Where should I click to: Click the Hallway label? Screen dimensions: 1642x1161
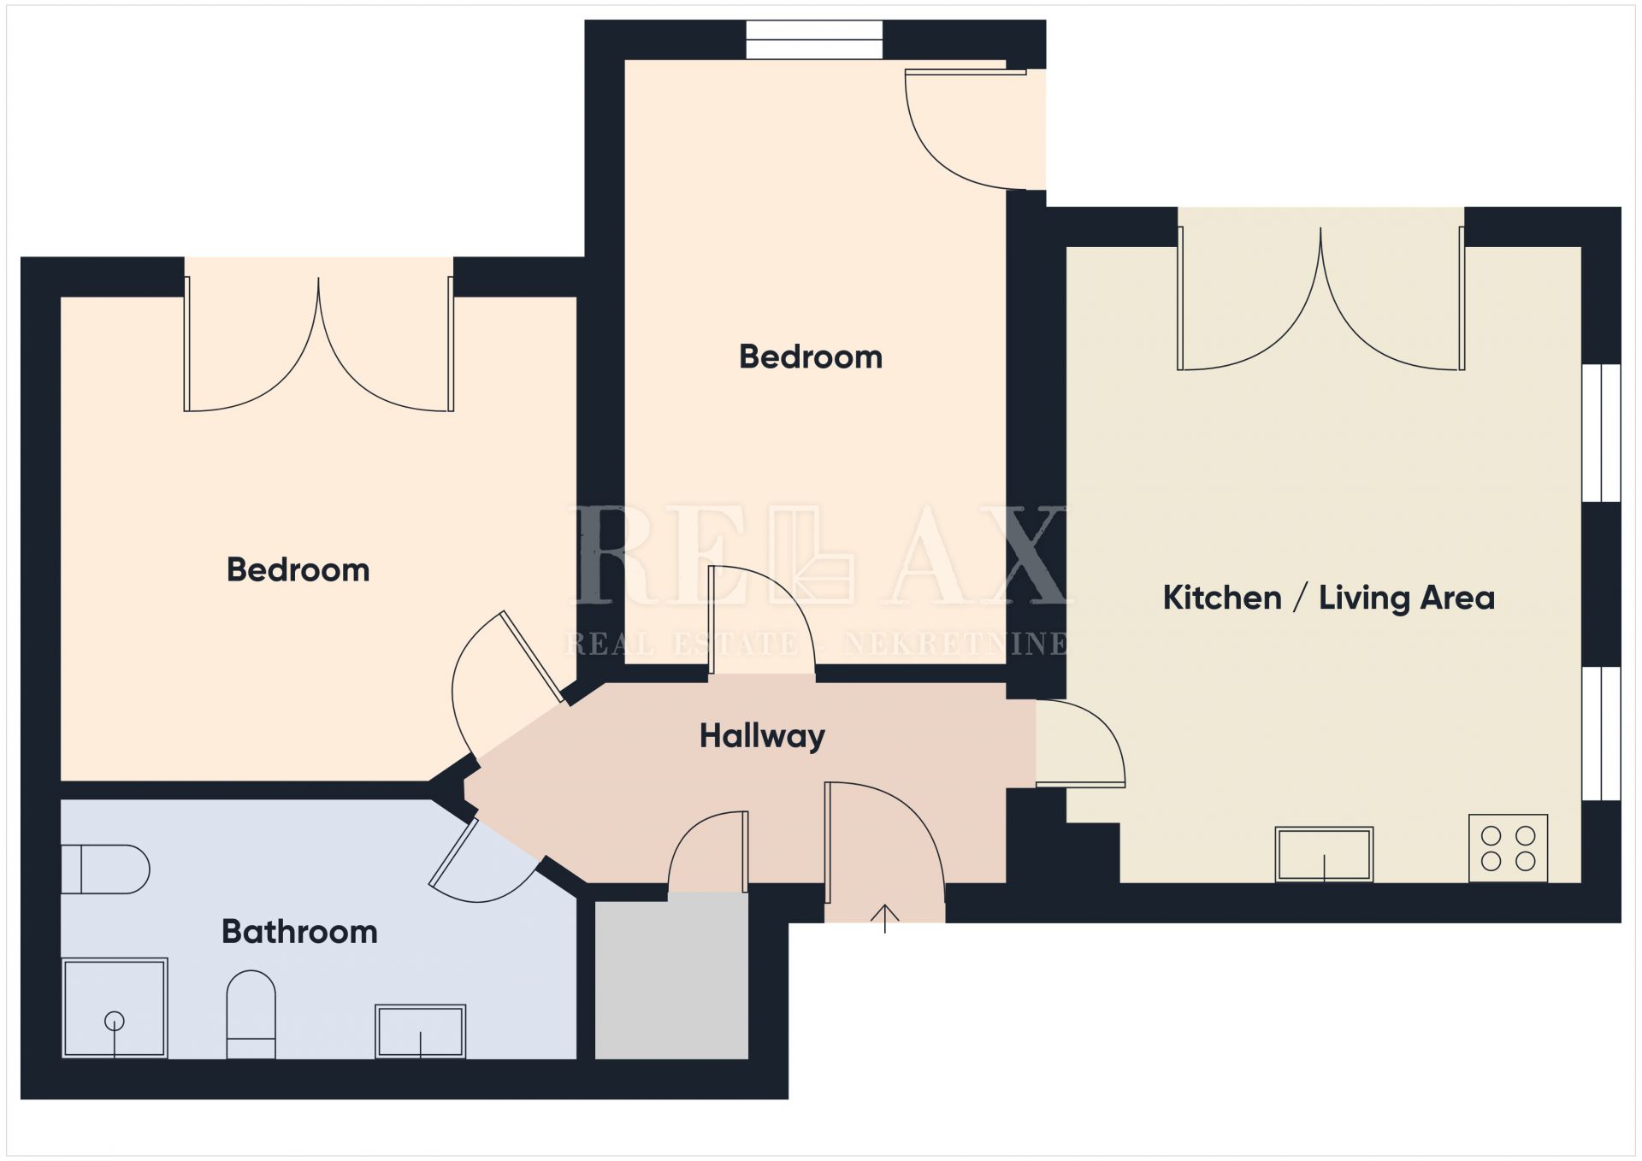pyautogui.click(x=762, y=736)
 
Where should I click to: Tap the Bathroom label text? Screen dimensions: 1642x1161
pyautogui.click(x=299, y=931)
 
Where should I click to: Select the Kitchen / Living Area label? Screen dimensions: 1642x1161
pyautogui.click(x=1328, y=598)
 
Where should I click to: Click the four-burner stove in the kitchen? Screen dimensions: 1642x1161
pyautogui.click(x=1508, y=848)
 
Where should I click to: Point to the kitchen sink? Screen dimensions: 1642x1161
pyautogui.click(x=1324, y=854)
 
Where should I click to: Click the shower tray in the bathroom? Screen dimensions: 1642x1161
pyautogui.click(x=115, y=1008)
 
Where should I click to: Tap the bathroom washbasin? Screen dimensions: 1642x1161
pyautogui.click(x=420, y=1031)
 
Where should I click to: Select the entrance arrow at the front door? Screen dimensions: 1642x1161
pyautogui.click(x=884, y=918)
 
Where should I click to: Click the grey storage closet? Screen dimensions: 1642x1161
pyautogui.click(x=671, y=976)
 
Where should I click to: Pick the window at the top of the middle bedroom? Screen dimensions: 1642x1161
pyautogui.click(x=814, y=39)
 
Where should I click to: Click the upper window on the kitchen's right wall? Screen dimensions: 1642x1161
pyautogui.click(x=1601, y=433)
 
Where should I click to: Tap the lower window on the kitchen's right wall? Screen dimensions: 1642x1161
pyautogui.click(x=1601, y=734)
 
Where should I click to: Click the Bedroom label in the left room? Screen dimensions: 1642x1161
pyautogui.click(x=298, y=570)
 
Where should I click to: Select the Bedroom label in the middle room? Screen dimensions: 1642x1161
pyautogui.click(x=811, y=357)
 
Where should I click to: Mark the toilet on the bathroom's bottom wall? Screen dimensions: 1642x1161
pyautogui.click(x=251, y=1014)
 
